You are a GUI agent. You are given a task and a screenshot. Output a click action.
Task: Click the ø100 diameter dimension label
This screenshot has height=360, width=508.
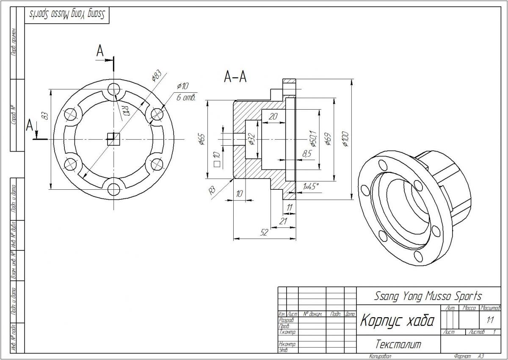coord(345,139)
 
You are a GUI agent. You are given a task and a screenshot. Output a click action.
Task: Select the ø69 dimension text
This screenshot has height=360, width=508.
coord(327,139)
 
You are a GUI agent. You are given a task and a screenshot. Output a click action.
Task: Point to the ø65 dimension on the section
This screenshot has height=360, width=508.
coord(202,139)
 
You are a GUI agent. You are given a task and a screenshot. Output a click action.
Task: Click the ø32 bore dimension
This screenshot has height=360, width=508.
coord(251,139)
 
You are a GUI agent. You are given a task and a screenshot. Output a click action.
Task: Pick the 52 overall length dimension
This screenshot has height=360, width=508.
coord(264,232)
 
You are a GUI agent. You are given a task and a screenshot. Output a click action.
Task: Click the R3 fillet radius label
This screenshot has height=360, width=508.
coord(213,189)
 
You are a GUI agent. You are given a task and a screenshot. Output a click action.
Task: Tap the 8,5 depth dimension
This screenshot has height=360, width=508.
coord(307,154)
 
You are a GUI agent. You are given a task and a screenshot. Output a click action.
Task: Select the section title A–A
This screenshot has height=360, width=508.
coord(235,77)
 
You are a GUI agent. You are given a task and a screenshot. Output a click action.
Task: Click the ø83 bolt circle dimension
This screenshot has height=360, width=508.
coord(157,77)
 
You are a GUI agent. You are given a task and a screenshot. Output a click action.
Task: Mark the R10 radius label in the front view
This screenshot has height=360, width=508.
coord(125,111)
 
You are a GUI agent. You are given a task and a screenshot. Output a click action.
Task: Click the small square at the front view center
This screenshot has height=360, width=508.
coord(113,139)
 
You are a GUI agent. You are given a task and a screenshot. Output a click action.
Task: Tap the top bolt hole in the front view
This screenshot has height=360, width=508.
coord(113,89)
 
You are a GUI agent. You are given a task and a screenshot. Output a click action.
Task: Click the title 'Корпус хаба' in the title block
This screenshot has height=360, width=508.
coord(397,321)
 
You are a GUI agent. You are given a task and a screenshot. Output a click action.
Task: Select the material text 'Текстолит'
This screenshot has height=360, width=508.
coord(398,344)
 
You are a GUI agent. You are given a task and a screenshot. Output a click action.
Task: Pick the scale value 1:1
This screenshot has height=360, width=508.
coord(491,320)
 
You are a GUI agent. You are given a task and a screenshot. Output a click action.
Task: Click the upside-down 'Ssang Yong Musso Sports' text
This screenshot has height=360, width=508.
coord(67,14)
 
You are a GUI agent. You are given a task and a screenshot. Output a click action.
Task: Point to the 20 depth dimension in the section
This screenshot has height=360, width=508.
coord(273,116)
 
